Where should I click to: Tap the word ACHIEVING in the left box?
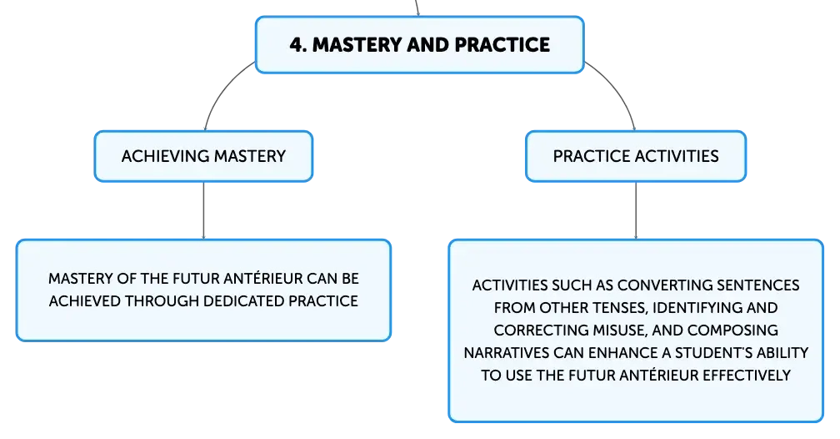coord(165,156)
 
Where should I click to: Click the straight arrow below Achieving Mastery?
coord(203,210)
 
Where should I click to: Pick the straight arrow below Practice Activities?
coord(636,210)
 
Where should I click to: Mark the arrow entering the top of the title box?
coord(417,8)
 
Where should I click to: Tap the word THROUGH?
coord(162,301)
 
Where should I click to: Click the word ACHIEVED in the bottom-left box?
coord(85,301)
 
